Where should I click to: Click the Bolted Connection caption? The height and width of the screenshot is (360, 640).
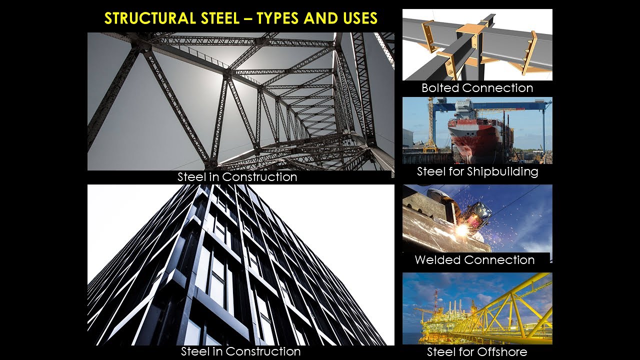coord(477,88)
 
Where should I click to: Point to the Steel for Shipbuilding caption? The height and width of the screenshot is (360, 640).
coord(477,171)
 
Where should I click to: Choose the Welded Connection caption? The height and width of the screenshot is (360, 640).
coord(474,260)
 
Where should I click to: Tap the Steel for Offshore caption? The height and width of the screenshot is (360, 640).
coord(477,351)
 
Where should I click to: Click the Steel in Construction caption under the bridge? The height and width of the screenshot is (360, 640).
coord(237,177)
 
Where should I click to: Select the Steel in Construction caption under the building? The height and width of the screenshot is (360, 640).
coord(240,351)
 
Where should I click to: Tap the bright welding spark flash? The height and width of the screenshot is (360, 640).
coord(462,229)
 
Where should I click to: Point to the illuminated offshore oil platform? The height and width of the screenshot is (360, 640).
coord(440,320)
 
